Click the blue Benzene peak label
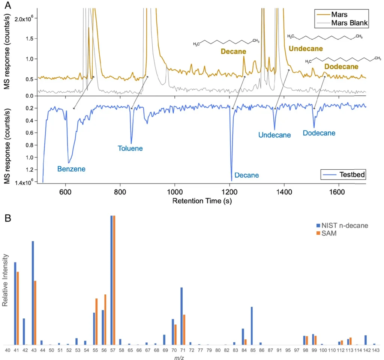coord(71,169)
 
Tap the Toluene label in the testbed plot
coord(130,148)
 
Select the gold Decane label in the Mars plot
coord(233,51)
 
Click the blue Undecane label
coord(274,135)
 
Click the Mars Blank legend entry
coord(349,23)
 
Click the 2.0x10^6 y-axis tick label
coord(25,18)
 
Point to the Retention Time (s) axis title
coord(202,201)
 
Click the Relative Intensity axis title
coord(5,280)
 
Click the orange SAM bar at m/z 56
coord(105,319)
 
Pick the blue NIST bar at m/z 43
coord(33,293)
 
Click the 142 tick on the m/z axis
coord(365,350)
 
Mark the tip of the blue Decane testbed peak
coord(231,181)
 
